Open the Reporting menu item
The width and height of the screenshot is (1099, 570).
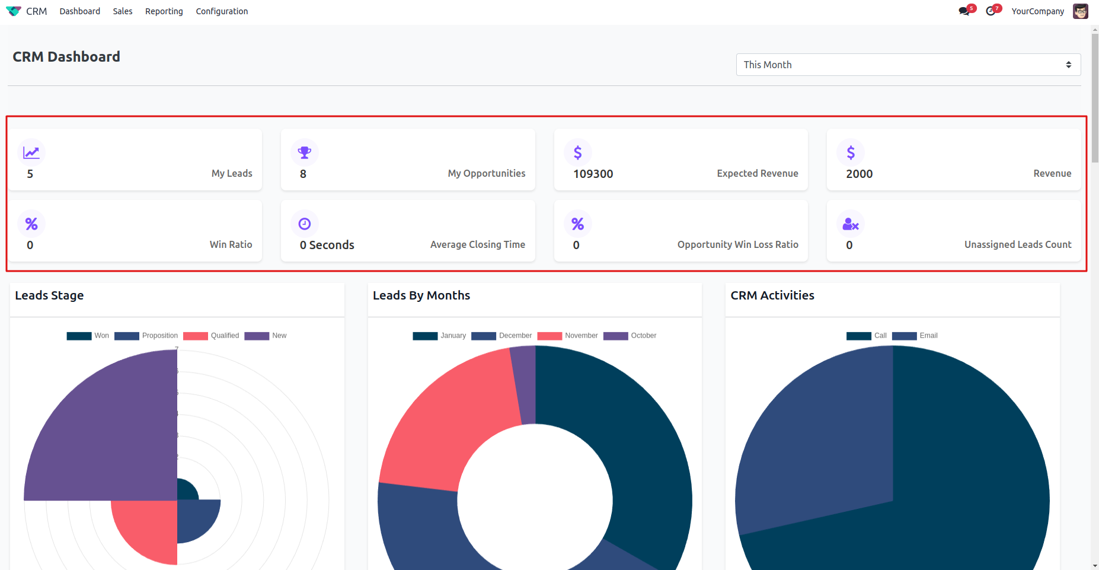[164, 11]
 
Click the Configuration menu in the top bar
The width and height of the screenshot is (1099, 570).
[222, 11]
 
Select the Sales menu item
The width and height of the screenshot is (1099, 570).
[123, 11]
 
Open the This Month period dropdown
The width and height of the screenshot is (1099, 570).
[908, 65]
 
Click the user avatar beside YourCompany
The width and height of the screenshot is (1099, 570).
[1080, 11]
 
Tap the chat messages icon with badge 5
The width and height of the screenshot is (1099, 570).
[964, 11]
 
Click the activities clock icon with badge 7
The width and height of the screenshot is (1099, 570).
[991, 11]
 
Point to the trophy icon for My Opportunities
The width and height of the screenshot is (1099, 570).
[305, 152]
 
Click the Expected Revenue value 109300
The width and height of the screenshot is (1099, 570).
[593, 174]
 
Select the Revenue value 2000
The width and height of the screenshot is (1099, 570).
[859, 174]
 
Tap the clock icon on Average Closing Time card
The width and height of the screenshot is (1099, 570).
[305, 224]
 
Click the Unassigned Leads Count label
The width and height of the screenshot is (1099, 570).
[1017, 244]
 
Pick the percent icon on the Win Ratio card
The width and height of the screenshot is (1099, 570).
[31, 224]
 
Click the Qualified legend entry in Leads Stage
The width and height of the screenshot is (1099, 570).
[211, 336]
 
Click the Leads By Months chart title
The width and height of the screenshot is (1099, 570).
[421, 295]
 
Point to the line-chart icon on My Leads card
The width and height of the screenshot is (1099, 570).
[31, 152]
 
